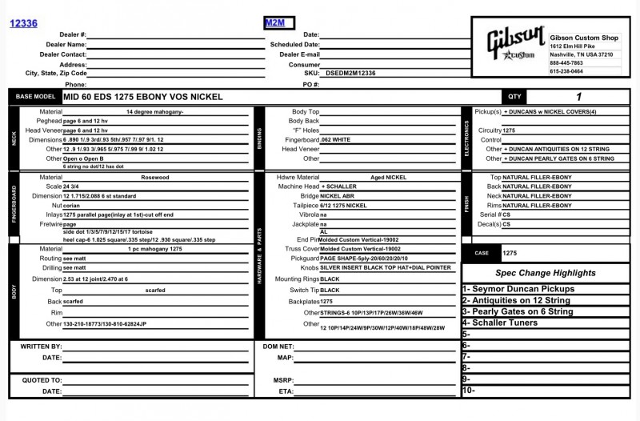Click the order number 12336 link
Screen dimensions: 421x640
tap(23, 24)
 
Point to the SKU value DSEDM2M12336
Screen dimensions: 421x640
tap(351, 73)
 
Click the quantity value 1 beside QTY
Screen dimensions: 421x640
tap(578, 97)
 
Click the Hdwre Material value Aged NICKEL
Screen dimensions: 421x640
tap(389, 178)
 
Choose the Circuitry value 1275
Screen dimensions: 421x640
tap(510, 130)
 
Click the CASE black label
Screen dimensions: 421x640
tap(482, 253)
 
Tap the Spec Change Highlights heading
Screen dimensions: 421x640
tap(545, 273)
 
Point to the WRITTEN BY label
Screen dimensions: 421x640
tap(41, 347)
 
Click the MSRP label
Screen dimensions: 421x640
tap(283, 380)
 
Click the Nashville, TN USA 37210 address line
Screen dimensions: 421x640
tap(581, 54)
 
